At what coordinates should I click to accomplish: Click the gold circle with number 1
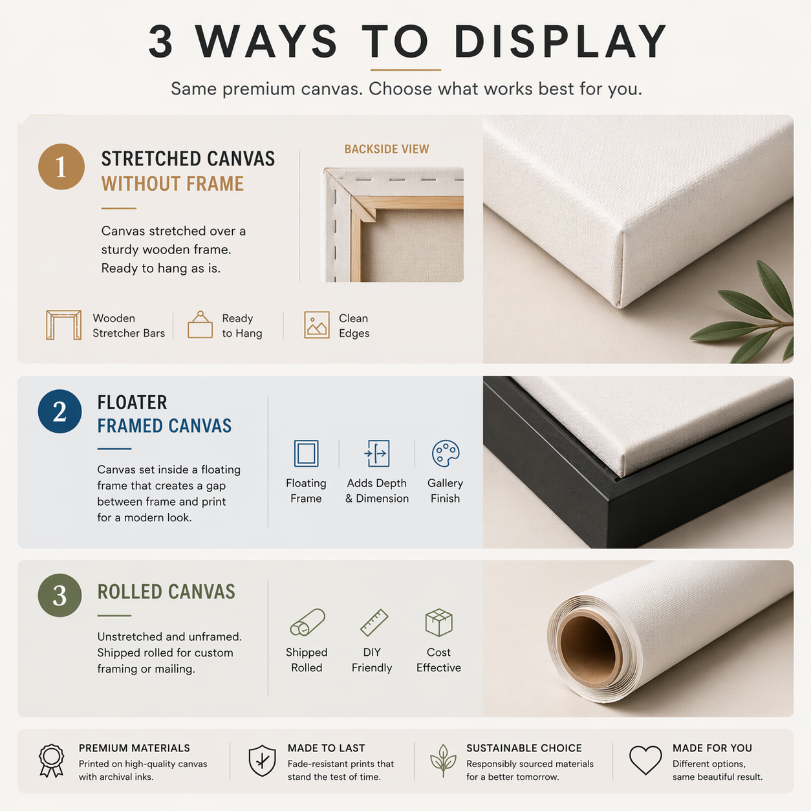tap(61, 167)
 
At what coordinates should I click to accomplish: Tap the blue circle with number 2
tap(59, 411)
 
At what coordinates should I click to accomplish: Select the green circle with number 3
tap(59, 595)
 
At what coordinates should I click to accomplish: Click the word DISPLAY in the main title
tap(560, 41)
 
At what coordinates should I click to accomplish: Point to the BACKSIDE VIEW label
tap(386, 149)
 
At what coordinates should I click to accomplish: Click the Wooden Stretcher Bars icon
tap(63, 325)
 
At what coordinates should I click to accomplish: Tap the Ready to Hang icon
tap(200, 325)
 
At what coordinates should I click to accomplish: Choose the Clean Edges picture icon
tap(317, 325)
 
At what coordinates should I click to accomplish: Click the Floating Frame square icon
tap(306, 453)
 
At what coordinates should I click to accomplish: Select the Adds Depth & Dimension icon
tap(376, 453)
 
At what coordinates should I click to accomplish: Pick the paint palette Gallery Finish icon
tap(446, 453)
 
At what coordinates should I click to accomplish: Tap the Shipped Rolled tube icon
tap(307, 622)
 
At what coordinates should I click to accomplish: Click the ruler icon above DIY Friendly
tap(374, 622)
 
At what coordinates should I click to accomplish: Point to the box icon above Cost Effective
tap(438, 622)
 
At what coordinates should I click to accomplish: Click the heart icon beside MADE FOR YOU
tap(645, 760)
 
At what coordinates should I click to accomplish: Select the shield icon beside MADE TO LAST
tap(262, 760)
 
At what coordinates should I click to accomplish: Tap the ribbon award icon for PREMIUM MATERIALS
tap(51, 760)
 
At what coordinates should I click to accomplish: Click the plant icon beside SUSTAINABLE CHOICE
tap(443, 761)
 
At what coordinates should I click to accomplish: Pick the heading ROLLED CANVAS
tap(166, 592)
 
